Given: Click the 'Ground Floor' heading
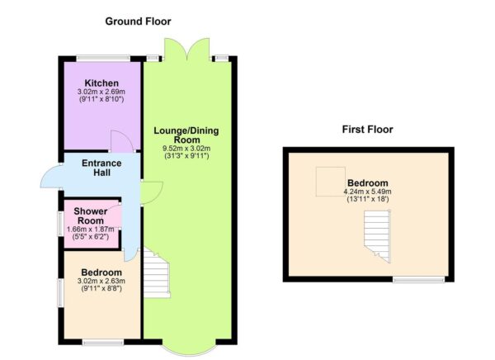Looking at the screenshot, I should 138,21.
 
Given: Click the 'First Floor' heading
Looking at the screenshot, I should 367,130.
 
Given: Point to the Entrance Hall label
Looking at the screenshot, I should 101,168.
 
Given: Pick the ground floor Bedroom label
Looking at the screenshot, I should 101,272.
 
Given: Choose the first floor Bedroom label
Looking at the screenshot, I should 368,182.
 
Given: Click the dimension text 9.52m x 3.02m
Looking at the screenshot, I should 186,149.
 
